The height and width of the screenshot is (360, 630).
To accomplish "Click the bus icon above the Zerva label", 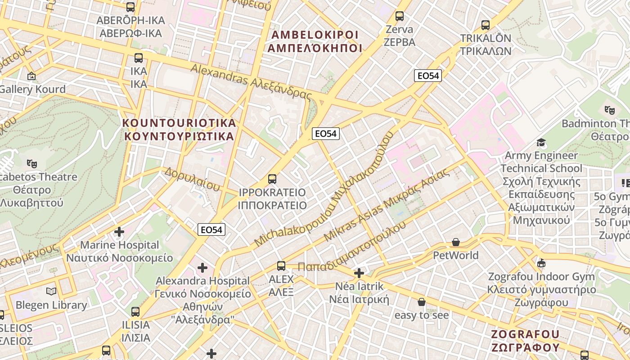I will pos(399,16).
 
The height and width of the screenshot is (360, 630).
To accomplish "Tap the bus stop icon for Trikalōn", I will pos(485,25).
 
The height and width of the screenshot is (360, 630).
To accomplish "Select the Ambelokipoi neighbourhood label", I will pos(315,41).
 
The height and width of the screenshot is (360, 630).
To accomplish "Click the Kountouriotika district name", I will pos(179,130).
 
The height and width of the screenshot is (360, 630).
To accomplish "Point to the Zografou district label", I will pos(525,341).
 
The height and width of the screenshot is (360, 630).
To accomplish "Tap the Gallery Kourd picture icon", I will pos(31,76).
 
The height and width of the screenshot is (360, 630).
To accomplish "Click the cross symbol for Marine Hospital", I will pos(119,232).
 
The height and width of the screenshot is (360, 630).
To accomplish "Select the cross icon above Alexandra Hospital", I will pos(202,268).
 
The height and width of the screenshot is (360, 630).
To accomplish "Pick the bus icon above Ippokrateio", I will pos(272,179).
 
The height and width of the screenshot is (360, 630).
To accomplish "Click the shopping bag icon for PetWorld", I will pos(456,243).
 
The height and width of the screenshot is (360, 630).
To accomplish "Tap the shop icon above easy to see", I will pos(422,302).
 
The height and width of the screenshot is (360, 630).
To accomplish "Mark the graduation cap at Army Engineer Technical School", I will pos(541,143).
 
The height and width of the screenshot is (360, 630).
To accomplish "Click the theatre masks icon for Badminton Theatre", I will pos(610,109).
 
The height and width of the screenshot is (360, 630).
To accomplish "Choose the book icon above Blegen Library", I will pos(52,292).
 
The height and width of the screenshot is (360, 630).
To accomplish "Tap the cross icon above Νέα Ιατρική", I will pos(359,273).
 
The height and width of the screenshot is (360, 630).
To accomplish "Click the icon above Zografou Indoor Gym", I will pos(541,263).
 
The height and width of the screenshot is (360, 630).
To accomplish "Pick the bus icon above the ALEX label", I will pos(281,266).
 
